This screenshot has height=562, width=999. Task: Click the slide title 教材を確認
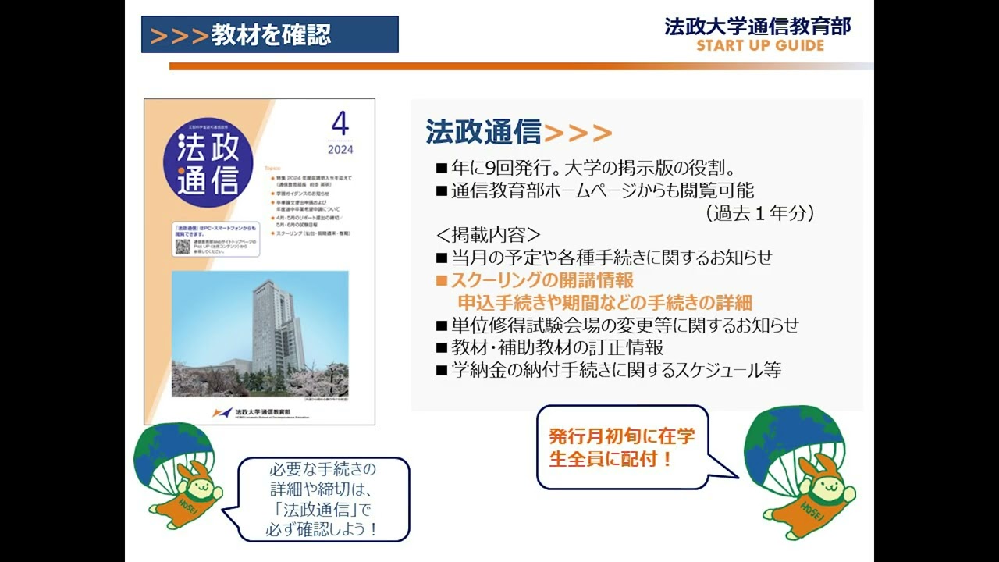point(270,34)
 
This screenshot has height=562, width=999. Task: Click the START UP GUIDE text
point(760,45)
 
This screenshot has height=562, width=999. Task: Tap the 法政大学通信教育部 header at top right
point(757,27)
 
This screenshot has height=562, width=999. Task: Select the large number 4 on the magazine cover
point(340,124)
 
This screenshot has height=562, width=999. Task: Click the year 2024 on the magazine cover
point(340,150)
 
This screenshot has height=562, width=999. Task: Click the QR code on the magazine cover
point(183,247)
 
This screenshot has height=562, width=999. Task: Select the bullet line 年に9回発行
point(593,169)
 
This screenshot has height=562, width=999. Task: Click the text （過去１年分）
point(759,213)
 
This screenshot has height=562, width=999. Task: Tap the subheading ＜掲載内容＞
point(488,235)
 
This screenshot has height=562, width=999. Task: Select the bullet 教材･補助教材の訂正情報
point(556,347)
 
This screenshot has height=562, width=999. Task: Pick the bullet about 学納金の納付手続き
point(615,370)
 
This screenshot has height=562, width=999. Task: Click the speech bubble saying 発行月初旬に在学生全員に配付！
point(621,446)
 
